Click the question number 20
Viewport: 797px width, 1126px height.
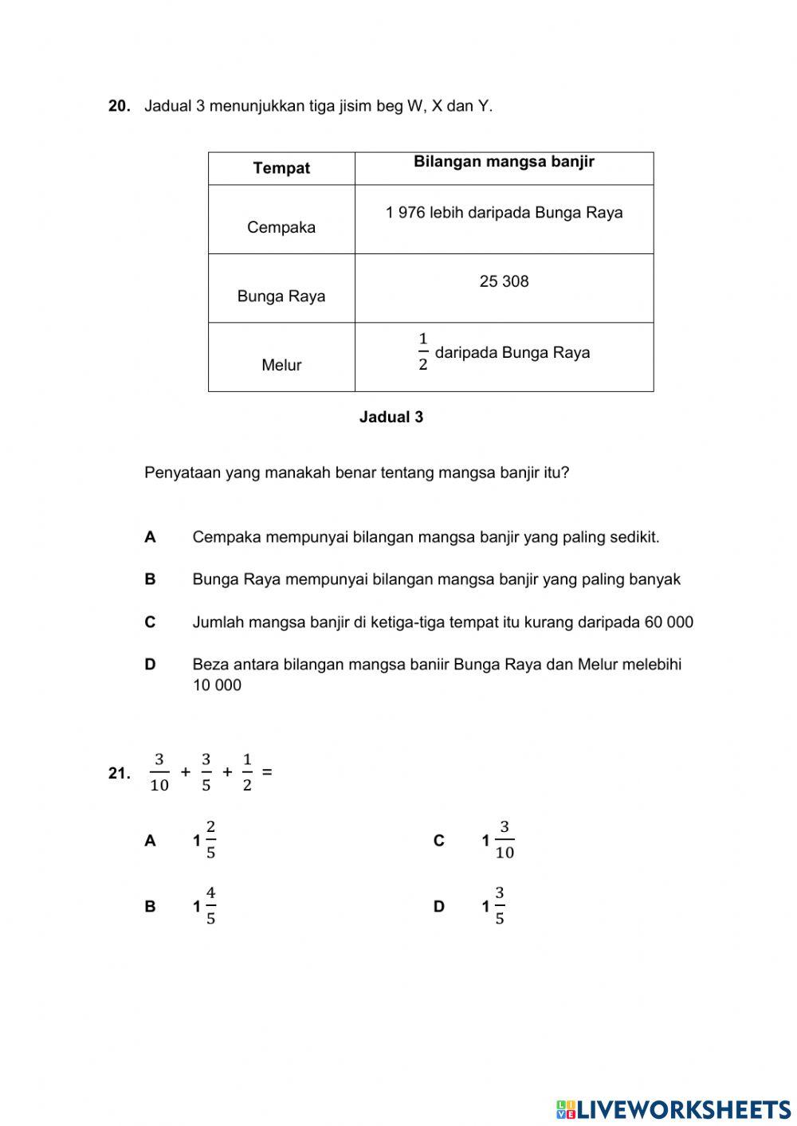pos(119,106)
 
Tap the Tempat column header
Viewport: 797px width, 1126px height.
pos(281,168)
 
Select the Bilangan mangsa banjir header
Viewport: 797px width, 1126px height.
pos(504,163)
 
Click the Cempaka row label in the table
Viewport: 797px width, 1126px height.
pos(281,227)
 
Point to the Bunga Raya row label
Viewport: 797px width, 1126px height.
pos(281,296)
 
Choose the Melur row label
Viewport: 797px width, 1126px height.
pos(281,365)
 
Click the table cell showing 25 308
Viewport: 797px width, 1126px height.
pos(504,281)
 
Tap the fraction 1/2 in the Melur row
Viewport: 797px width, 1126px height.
pos(423,352)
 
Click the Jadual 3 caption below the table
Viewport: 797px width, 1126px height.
pos(391,417)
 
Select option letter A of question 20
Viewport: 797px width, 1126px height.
pos(150,537)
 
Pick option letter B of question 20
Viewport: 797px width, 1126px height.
pos(150,579)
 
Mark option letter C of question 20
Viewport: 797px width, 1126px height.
pos(150,622)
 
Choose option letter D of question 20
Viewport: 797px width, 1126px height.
pos(150,665)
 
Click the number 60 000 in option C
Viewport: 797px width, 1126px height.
pos(668,622)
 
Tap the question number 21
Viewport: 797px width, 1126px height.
pos(119,773)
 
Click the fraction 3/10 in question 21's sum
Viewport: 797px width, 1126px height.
pos(159,772)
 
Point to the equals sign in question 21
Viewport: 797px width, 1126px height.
pos(267,771)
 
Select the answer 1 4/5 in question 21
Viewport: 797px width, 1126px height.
pos(204,906)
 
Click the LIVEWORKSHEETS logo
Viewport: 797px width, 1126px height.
pos(673,1109)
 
